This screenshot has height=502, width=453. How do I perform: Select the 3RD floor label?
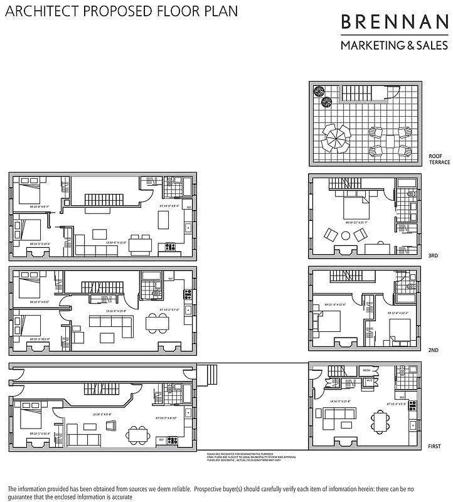pos(433,256)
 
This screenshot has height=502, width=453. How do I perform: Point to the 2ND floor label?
pos(433,350)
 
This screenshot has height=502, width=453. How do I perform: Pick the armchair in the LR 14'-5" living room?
pos(111,426)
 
